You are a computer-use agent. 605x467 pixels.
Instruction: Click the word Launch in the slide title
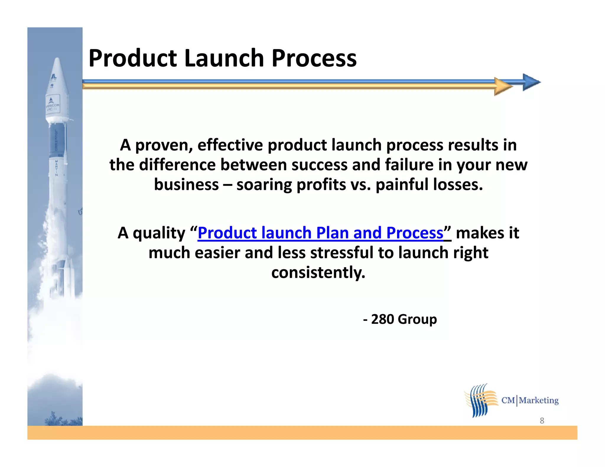tap(223, 58)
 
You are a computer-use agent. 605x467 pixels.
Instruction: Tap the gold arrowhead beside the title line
tap(502, 86)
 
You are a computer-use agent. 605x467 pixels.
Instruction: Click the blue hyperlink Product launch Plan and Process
tap(321, 233)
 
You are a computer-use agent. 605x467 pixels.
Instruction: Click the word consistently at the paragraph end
tap(318, 272)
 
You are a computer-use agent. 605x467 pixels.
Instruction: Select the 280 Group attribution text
tap(400, 319)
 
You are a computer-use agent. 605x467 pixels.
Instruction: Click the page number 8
tap(542, 421)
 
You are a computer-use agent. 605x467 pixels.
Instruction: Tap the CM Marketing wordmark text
tap(530, 400)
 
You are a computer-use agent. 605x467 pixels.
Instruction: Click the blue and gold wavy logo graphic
tap(480, 401)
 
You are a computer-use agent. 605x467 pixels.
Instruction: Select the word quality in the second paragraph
tap(159, 233)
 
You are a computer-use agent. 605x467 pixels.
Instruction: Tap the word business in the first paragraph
tap(186, 185)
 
